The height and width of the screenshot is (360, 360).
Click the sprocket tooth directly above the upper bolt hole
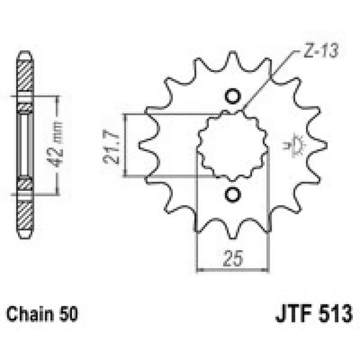232,61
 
